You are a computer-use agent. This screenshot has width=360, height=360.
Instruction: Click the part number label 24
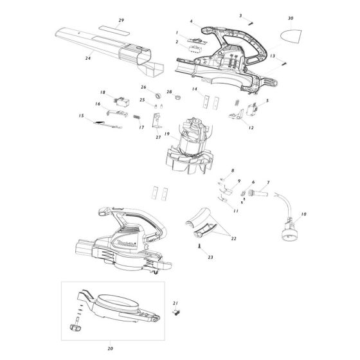pyautogui.click(x=87, y=58)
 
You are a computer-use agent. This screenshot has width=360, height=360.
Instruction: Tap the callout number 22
pyautogui.click(x=233, y=239)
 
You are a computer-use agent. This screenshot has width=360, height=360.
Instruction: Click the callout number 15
pyautogui.click(x=81, y=116)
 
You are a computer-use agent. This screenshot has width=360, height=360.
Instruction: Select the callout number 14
pyautogui.click(x=194, y=89)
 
